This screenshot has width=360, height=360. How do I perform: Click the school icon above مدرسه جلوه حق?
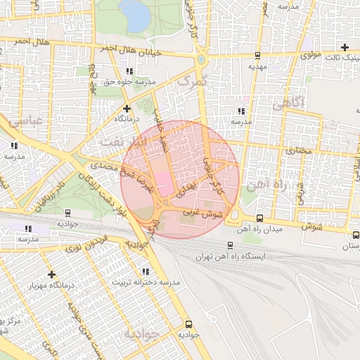pos(129,71)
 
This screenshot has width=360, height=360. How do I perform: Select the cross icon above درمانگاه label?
pos(127,108)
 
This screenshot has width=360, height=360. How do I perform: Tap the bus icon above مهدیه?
pos(258,55)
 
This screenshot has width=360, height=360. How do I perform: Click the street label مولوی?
pos(309,53)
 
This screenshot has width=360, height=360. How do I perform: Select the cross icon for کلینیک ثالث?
pos(345,46)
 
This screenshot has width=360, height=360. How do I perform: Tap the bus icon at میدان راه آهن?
pos(259,219)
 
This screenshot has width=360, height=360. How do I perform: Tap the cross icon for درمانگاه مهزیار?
pos(51,274)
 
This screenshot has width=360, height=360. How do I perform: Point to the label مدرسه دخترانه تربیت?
pos(146,282)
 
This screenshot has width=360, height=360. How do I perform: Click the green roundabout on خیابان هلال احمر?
pos(202,60)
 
